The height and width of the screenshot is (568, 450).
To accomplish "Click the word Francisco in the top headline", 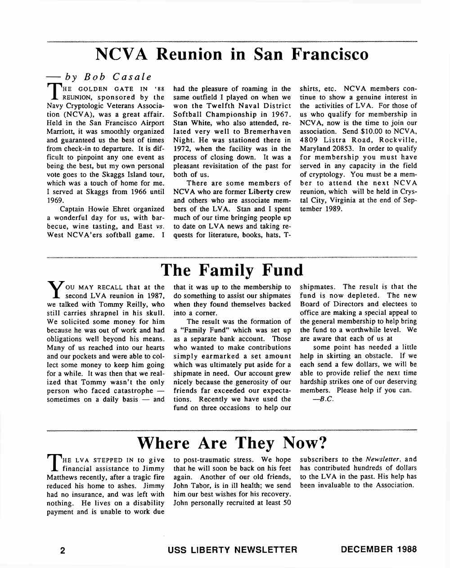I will (330, 55).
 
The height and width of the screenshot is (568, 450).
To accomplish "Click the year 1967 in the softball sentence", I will (282, 114).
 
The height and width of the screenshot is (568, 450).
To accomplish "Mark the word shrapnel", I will (103, 313).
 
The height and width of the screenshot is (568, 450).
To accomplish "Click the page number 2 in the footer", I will (63, 550).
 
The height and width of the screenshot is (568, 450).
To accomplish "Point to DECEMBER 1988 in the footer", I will (378, 550).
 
